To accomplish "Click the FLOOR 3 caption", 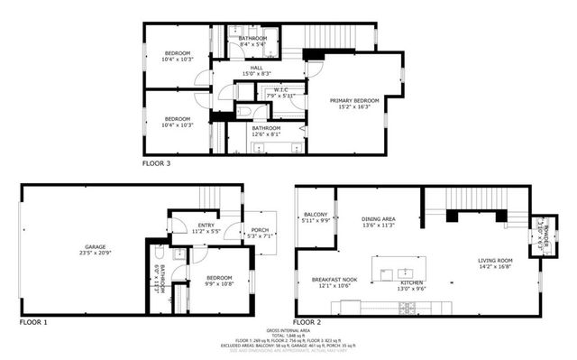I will pos(157,163).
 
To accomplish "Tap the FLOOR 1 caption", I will pos(33,322).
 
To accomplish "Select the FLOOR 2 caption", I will pos(307,322).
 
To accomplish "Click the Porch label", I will pos(260,233).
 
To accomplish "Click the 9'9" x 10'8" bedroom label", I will pos(219,280).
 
